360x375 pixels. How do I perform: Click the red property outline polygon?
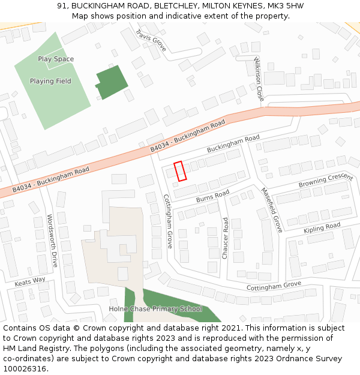[x=180, y=171]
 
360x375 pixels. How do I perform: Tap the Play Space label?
[x=56, y=59]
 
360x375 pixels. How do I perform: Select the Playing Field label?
[x=50, y=81]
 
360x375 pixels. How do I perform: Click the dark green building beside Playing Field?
[x=112, y=82]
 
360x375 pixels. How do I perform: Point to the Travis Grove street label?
[x=151, y=40]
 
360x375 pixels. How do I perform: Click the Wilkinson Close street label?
[x=259, y=79]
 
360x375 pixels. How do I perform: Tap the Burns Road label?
[x=213, y=196]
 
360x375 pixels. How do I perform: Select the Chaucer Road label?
[x=226, y=238]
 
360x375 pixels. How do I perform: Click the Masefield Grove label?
[x=271, y=210]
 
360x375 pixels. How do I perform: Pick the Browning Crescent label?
[x=325, y=179]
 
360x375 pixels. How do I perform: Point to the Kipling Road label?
[x=322, y=228]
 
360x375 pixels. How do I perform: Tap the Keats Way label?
[x=30, y=280]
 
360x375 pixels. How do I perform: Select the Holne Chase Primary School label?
[x=155, y=309]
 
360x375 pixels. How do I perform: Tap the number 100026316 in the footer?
[x=25, y=368]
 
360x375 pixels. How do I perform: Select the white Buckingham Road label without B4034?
[x=233, y=143]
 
